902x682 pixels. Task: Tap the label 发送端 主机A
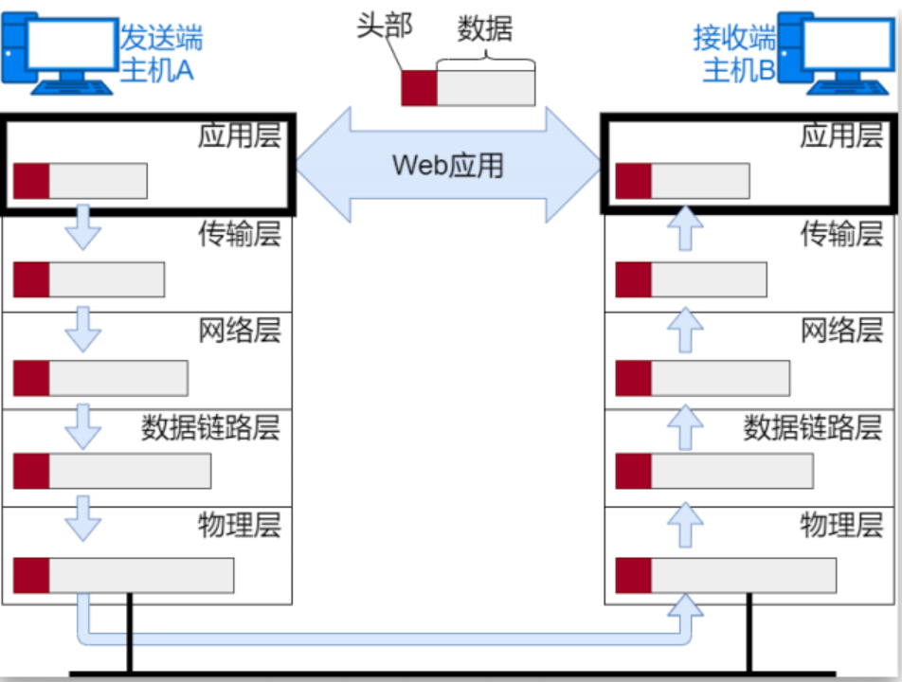point(160,54)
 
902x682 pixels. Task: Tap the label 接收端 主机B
point(734,54)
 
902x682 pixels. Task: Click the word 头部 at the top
point(385,26)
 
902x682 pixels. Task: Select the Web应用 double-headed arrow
point(448,166)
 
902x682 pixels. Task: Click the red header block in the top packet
point(419,87)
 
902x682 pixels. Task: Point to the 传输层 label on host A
point(240,234)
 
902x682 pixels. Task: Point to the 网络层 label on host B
point(842,331)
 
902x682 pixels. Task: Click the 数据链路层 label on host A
point(211,427)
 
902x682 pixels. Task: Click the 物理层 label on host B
point(842,524)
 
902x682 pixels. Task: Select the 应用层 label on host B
point(842,135)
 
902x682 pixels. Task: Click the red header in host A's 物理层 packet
point(31,576)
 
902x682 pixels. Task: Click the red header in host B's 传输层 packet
point(634,279)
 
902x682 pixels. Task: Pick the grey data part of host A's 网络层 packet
point(117,378)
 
